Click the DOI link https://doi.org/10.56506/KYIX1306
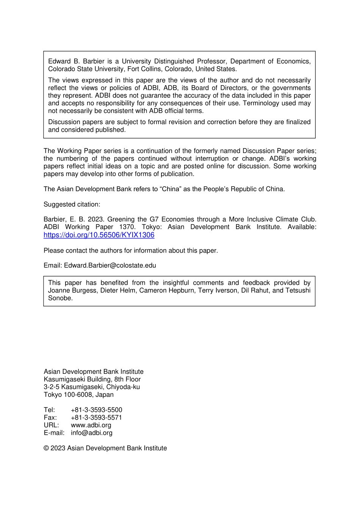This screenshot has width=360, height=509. [x=99, y=235]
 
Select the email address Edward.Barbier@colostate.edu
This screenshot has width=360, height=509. [x=110, y=265]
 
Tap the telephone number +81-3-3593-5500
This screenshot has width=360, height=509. [x=96, y=410]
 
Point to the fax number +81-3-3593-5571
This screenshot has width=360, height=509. [x=96, y=417]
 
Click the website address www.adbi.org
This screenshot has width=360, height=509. [x=91, y=425]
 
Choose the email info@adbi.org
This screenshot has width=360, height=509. [x=91, y=432]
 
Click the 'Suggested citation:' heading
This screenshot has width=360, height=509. [x=72, y=204]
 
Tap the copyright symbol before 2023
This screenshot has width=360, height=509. [x=46, y=448]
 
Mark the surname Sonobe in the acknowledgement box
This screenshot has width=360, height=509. [x=60, y=298]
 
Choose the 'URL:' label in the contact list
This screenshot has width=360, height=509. [x=51, y=425]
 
